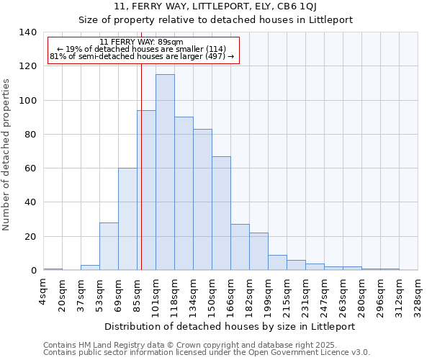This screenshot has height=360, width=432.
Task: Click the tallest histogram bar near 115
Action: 165,173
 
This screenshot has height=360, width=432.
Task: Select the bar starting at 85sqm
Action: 146,191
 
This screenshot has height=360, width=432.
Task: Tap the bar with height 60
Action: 127,220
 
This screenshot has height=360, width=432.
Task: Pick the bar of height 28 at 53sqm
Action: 109,247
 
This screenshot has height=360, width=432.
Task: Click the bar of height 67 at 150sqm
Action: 221,214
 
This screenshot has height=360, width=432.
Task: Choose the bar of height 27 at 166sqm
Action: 240,248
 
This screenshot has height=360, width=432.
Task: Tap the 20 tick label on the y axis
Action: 30,237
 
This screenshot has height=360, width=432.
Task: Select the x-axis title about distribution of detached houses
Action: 230,326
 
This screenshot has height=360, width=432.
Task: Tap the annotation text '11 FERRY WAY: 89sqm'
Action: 141,42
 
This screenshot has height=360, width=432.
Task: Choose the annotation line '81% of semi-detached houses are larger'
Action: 141,56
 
